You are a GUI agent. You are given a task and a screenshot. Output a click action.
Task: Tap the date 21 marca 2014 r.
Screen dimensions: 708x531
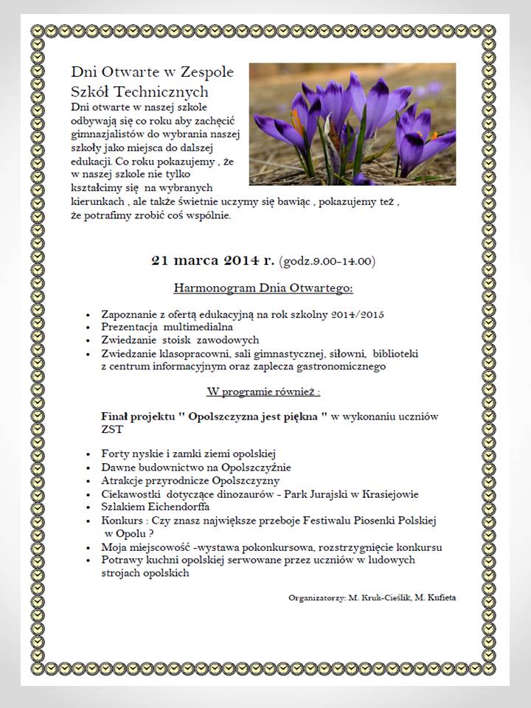coord(213,260)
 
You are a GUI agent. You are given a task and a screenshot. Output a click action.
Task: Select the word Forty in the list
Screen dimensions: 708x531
coord(114,454)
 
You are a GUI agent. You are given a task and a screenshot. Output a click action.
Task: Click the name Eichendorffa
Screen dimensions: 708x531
coord(177,507)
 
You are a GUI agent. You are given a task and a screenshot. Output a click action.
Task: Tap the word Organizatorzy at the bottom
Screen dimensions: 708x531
coord(315,597)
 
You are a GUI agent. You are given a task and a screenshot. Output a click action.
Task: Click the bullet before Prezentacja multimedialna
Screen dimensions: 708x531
coord(89,327)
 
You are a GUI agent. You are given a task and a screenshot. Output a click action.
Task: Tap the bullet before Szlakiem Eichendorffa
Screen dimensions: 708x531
coord(89,507)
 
